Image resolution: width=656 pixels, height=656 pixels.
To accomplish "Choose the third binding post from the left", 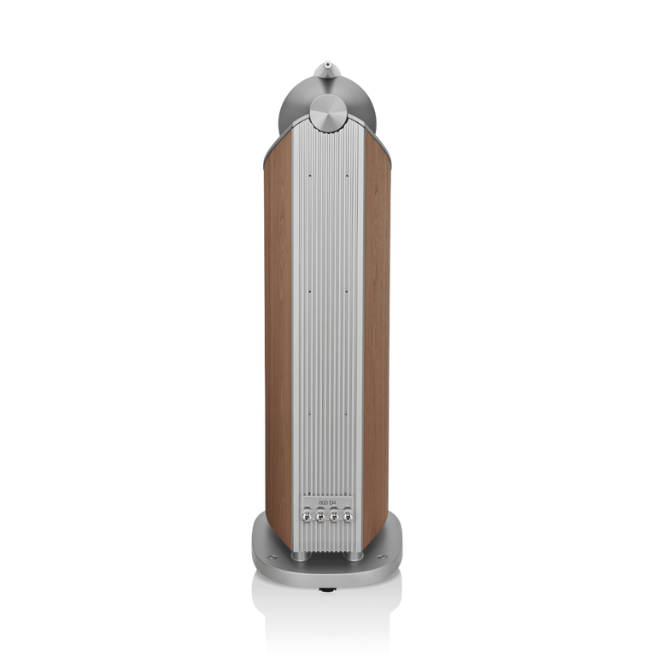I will (334, 517).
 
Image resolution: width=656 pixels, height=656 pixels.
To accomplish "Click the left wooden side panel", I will (277, 342).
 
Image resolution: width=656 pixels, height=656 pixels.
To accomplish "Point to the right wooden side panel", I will (378, 342).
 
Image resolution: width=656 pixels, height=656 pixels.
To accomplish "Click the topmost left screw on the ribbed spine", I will (307, 176).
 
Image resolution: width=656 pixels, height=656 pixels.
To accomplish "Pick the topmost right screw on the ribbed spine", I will (347, 176).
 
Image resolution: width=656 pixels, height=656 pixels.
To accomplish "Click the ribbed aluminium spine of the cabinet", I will (327, 342).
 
